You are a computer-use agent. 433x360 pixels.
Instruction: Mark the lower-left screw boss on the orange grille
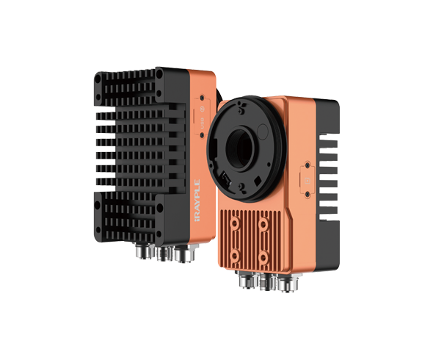click(x=233, y=256)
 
